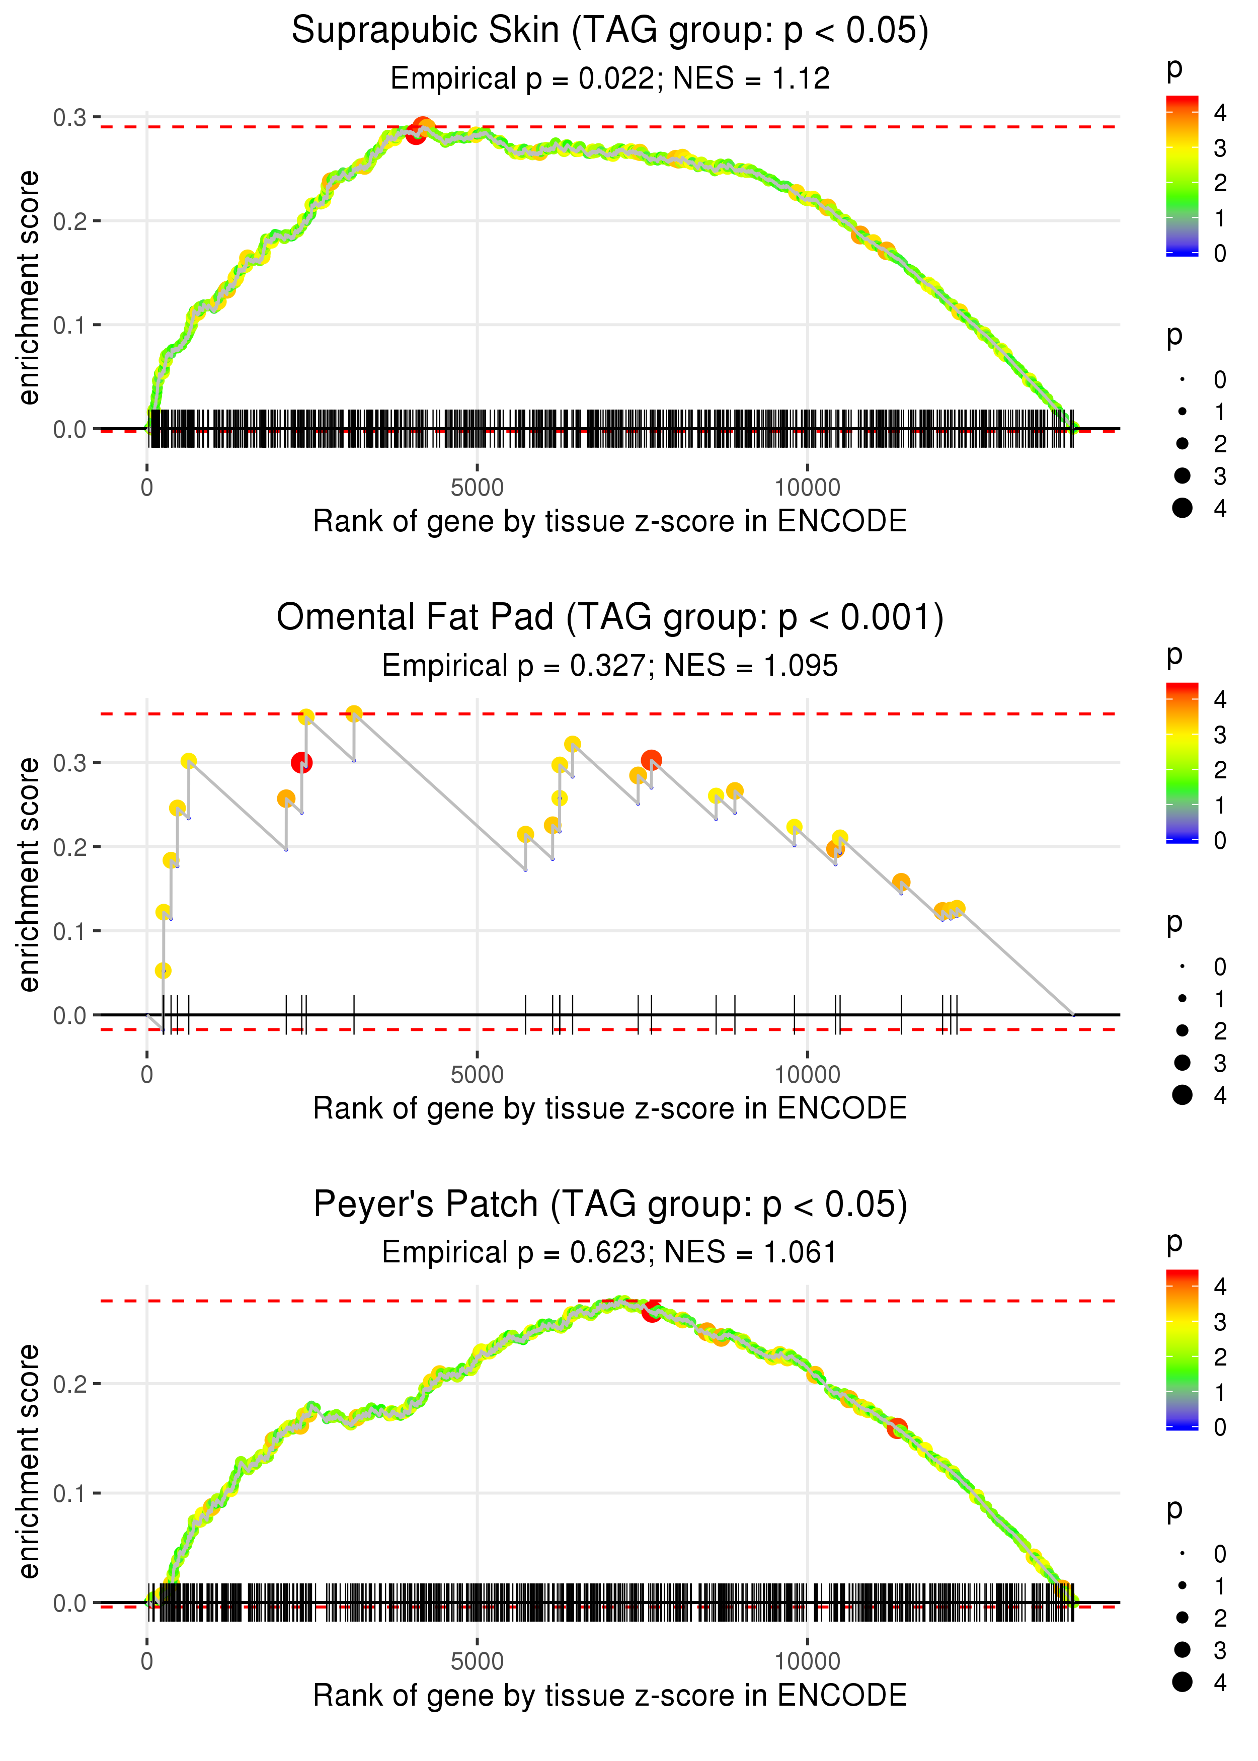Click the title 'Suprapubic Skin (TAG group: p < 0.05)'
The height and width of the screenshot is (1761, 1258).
coord(610,31)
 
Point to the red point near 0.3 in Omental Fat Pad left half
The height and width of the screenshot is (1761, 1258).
coord(301,763)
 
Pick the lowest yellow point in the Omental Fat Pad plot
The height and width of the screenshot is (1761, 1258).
coord(163,971)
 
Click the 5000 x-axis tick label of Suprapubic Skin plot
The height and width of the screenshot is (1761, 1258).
coord(477,488)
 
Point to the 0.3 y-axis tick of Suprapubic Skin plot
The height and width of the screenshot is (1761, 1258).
coord(70,118)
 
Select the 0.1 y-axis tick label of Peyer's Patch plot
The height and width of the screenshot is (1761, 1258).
coord(70,1493)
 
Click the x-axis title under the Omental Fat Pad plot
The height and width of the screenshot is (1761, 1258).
coord(610,1108)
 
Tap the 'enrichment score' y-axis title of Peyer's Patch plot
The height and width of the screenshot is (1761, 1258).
coord(29,1461)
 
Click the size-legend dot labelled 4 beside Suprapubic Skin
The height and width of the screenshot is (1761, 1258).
coord(1182,508)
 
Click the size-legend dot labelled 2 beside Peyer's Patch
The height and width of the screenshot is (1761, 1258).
coord(1182,1618)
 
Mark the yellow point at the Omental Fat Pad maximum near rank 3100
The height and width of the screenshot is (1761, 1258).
coord(354,714)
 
